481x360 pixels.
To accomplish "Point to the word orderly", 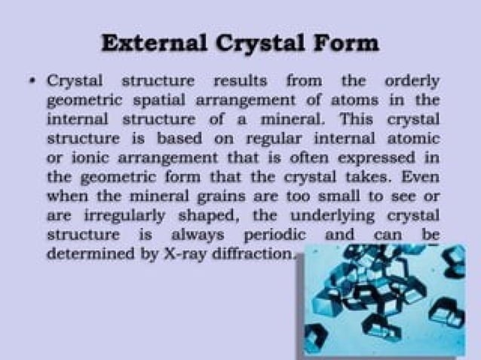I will coord(412,81).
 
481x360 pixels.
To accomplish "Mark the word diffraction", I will coord(255,255).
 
